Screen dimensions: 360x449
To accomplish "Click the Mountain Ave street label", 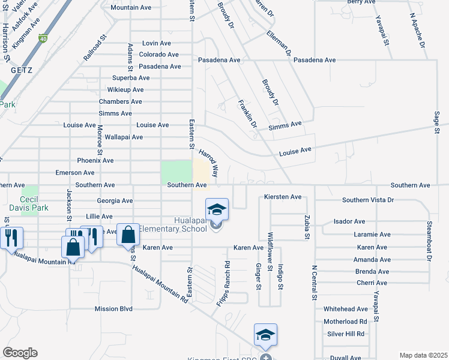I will tap(131, 8).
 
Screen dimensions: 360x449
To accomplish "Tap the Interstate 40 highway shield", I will tap(43, 39).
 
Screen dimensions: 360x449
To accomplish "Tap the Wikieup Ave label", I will tap(125, 89).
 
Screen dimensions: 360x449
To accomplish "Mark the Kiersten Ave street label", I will tap(283, 197).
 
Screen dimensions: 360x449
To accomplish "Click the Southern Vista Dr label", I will tap(368, 200).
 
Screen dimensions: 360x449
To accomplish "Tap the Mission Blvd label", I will tap(113, 309).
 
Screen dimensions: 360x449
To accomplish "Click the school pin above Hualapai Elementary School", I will tap(217, 209).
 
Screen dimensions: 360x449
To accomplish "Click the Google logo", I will tap(20, 353).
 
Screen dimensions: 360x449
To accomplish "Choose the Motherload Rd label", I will tap(345, 321).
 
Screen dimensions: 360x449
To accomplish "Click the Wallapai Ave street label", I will tap(124, 137).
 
